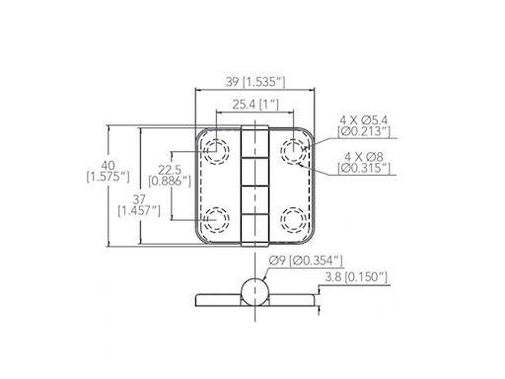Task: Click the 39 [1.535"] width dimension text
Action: click(x=255, y=82)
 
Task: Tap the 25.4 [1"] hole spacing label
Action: click(x=255, y=105)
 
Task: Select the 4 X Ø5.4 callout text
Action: click(x=364, y=120)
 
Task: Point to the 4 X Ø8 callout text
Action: click(x=364, y=157)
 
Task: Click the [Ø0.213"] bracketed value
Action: click(x=364, y=131)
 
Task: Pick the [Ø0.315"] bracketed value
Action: click(x=364, y=168)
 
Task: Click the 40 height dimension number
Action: click(x=108, y=166)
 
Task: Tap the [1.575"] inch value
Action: click(x=108, y=177)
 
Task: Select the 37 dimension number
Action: click(x=139, y=199)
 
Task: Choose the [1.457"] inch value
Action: click(x=139, y=211)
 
